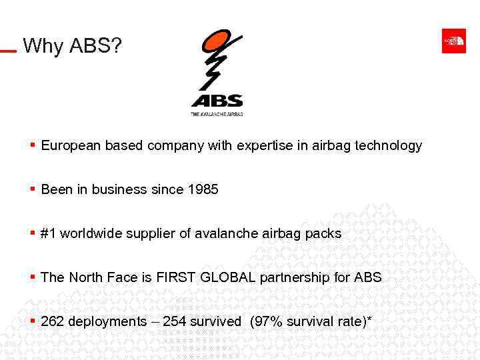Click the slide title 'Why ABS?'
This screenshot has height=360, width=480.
[72, 46]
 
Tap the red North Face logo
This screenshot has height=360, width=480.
[454, 41]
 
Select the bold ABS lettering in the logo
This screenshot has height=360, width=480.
[217, 101]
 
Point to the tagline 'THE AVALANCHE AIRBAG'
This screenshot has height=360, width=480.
[217, 114]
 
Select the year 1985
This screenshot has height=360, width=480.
[203, 189]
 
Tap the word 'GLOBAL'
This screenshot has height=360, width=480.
[227, 277]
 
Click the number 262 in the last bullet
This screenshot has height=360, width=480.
[53, 321]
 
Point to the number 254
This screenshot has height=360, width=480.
[175, 321]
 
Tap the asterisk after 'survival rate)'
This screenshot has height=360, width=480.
[369, 319]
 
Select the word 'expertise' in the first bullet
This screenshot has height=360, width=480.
[263, 145]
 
